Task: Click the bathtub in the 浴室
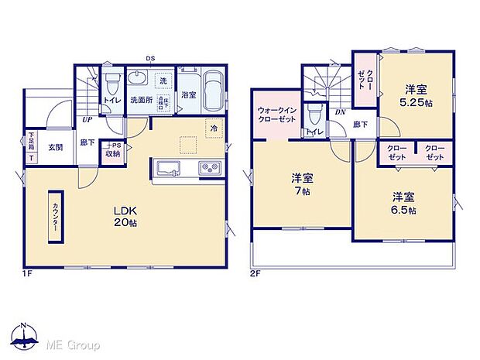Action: tap(212, 90)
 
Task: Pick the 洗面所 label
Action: tap(140, 99)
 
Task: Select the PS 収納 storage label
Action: tap(115, 149)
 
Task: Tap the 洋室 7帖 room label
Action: tap(300, 182)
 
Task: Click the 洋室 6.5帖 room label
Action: tap(403, 202)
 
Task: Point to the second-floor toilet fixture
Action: tap(313, 118)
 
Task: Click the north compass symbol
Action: tap(23, 335)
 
